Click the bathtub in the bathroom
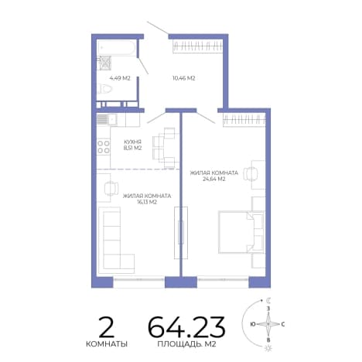(x=116, y=47)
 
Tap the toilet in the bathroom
(x=105, y=89)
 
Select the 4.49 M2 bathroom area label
(x=120, y=78)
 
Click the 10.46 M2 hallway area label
(x=183, y=78)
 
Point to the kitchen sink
(x=107, y=120)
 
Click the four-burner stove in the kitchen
(x=104, y=147)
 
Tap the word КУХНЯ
(x=132, y=142)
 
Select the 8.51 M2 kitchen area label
(x=132, y=148)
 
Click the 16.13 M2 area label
(x=147, y=202)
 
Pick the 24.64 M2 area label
(x=214, y=179)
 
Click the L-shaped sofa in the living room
(x=117, y=241)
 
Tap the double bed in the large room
(x=241, y=232)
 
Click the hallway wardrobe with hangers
(x=197, y=46)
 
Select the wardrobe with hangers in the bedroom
(x=244, y=120)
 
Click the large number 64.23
(x=186, y=327)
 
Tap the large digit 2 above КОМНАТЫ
(x=106, y=327)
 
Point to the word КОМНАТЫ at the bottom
(x=107, y=344)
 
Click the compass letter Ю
(x=253, y=324)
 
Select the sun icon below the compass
(x=269, y=348)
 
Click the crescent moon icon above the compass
(x=269, y=300)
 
